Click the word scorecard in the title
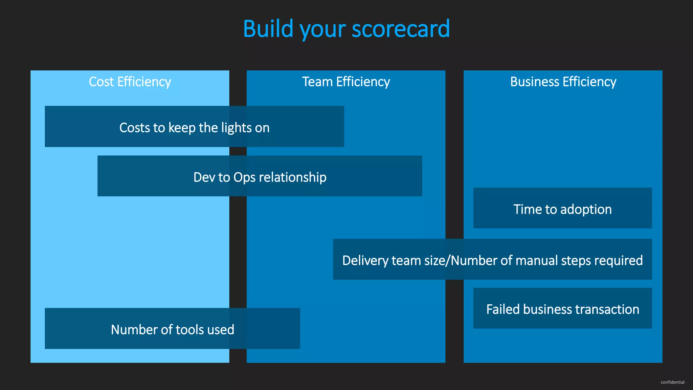pyautogui.click(x=401, y=29)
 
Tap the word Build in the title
pyautogui.click(x=268, y=29)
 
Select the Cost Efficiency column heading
pyautogui.click(x=130, y=82)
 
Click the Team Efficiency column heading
pyautogui.click(x=346, y=82)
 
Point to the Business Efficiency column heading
pyautogui.click(x=563, y=82)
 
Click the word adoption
pyautogui.click(x=586, y=210)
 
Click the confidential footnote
pyautogui.click(x=672, y=382)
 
